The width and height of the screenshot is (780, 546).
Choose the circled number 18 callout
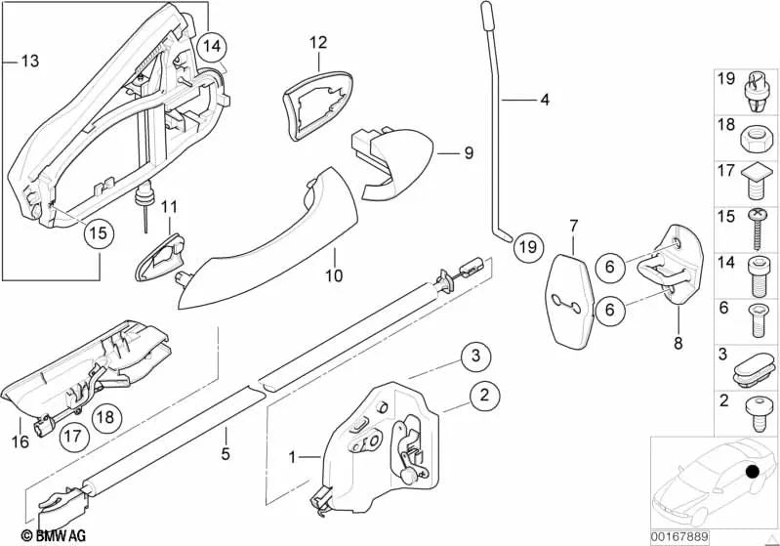click(x=106, y=417)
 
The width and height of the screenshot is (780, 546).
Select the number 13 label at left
click(x=29, y=62)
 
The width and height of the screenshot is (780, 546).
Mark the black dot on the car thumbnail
click(x=752, y=473)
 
